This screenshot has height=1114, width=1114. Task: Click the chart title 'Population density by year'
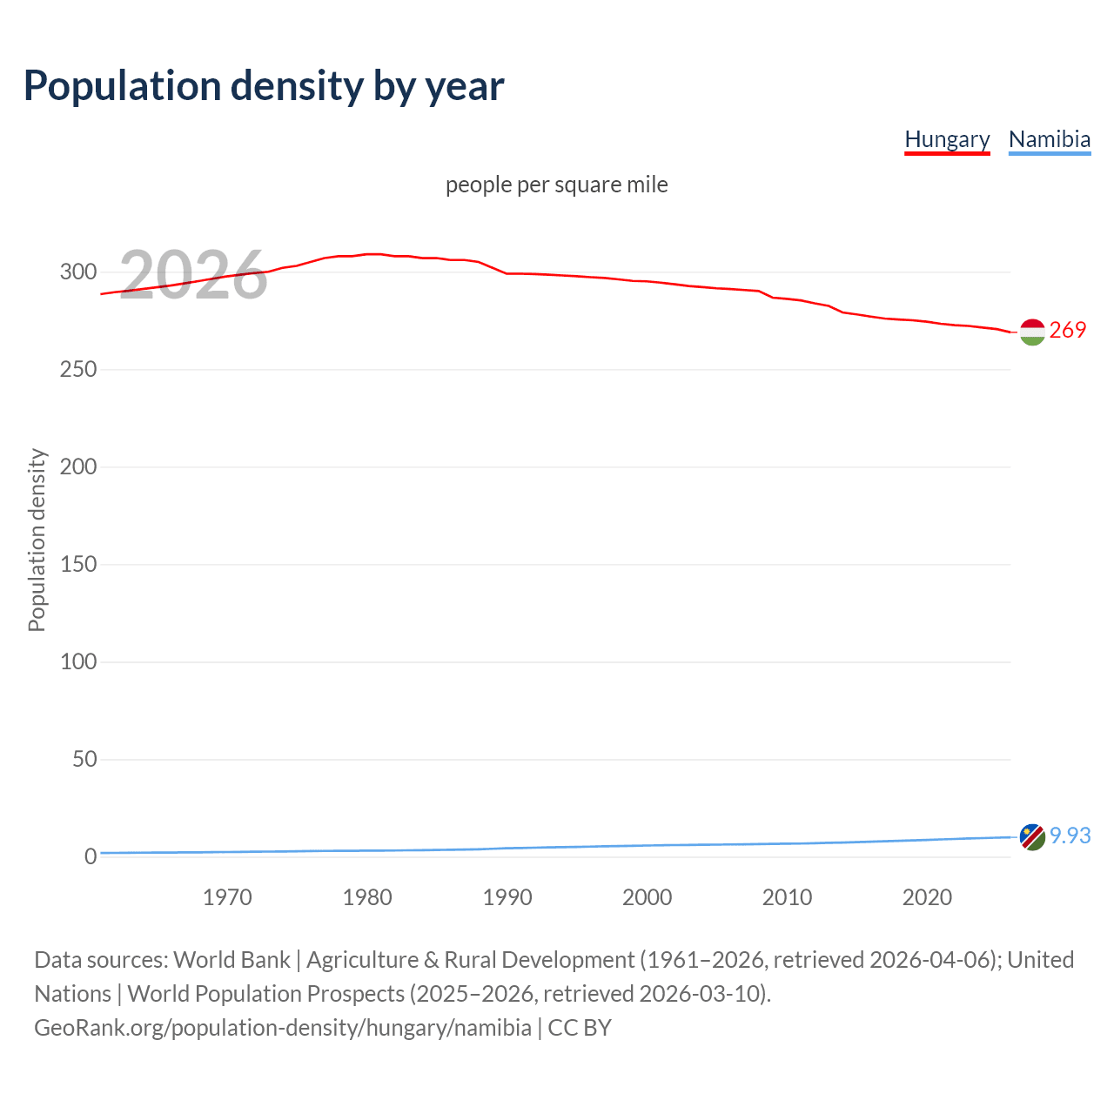pyautogui.click(x=264, y=86)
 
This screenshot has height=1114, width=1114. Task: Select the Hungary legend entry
pyautogui.click(x=947, y=139)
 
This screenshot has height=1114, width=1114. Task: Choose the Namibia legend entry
pyautogui.click(x=1049, y=139)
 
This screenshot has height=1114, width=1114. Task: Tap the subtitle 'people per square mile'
pyautogui.click(x=556, y=185)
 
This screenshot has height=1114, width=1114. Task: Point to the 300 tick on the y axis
pyautogui.click(x=78, y=272)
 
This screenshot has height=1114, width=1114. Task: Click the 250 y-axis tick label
pyautogui.click(x=78, y=370)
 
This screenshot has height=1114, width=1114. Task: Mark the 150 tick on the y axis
pyautogui.click(x=78, y=565)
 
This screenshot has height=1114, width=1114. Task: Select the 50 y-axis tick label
pyautogui.click(x=84, y=760)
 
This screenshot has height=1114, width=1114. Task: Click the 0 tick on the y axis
pyautogui.click(x=91, y=857)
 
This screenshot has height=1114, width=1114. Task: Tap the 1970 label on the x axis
pyautogui.click(x=227, y=897)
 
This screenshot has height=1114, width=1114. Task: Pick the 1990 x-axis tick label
pyautogui.click(x=507, y=897)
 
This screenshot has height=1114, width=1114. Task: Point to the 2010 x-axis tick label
pyautogui.click(x=787, y=897)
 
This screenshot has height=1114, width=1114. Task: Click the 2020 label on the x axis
pyautogui.click(x=927, y=897)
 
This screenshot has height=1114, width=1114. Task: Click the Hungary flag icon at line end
pyautogui.click(x=1032, y=332)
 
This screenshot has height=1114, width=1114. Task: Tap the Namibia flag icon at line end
pyautogui.click(x=1032, y=837)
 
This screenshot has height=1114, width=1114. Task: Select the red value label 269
pyautogui.click(x=1068, y=330)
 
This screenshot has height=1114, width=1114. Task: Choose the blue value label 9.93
pyautogui.click(x=1070, y=835)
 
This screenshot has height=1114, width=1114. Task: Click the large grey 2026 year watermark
pyautogui.click(x=193, y=275)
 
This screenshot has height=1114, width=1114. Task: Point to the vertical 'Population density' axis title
pyautogui.click(x=37, y=540)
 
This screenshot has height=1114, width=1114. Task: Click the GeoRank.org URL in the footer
pyautogui.click(x=283, y=1028)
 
